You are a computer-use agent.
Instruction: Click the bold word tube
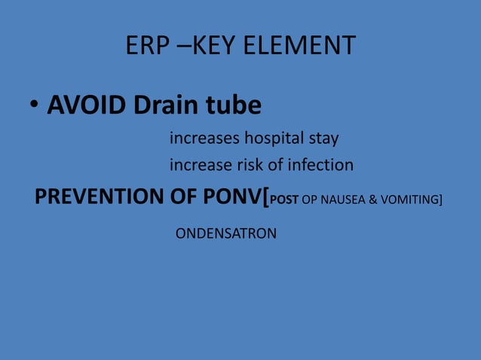(x=234, y=106)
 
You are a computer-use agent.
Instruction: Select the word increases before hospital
(x=201, y=139)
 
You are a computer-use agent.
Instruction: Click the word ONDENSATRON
(x=225, y=234)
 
